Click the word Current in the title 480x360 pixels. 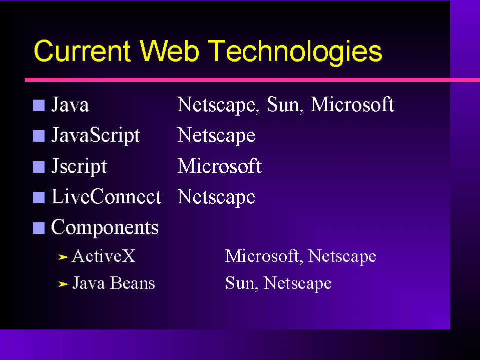(x=83, y=51)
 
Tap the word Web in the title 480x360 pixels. (x=170, y=51)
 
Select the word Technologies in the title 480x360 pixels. (x=297, y=53)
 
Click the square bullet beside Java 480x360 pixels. (x=39, y=105)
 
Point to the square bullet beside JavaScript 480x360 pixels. (x=39, y=136)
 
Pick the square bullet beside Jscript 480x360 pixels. (x=39, y=167)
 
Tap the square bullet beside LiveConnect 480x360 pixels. (x=39, y=197)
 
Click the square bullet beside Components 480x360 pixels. (x=39, y=228)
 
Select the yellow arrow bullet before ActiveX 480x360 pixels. (x=64, y=257)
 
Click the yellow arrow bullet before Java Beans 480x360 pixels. (x=64, y=284)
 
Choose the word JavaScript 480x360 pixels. (x=96, y=135)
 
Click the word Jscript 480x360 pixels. (x=79, y=166)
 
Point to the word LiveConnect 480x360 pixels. (x=107, y=196)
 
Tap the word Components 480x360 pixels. (x=105, y=228)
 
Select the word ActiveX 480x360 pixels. (x=104, y=256)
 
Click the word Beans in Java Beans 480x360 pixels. (x=133, y=282)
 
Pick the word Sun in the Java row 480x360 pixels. (x=283, y=104)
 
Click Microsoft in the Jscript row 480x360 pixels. (x=220, y=166)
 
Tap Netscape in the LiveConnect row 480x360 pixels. (x=216, y=197)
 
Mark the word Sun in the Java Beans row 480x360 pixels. (x=239, y=283)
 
